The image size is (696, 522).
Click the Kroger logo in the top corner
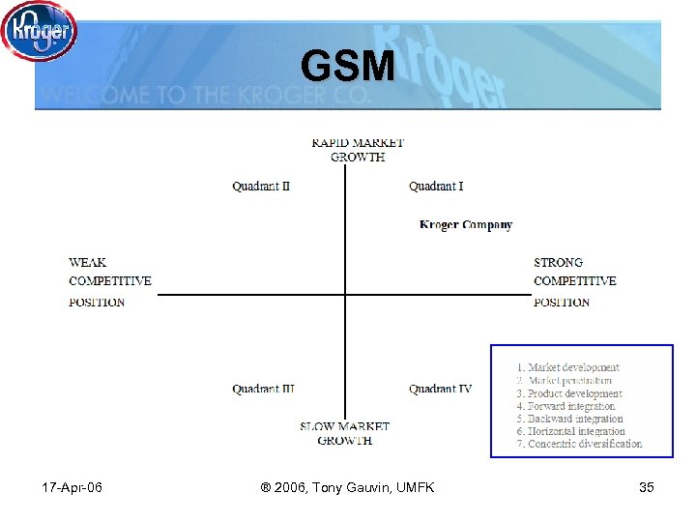(x=39, y=31)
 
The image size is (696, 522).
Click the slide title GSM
(x=347, y=67)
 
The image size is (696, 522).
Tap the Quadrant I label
(x=436, y=186)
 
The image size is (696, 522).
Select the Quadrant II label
(x=261, y=186)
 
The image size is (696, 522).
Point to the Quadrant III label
(x=263, y=389)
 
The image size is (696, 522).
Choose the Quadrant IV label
(x=440, y=389)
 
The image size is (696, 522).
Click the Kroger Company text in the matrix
(x=466, y=224)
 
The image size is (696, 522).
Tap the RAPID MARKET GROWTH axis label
(x=358, y=150)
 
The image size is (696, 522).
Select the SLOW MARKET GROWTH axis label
(x=344, y=433)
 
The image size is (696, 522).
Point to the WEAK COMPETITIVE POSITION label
(x=109, y=281)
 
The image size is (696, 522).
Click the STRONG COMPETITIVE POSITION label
(x=574, y=281)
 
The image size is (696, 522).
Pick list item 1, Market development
(x=568, y=367)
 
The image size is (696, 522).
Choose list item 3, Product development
(x=569, y=393)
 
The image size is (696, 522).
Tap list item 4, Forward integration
(x=565, y=406)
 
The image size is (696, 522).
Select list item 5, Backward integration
(x=569, y=419)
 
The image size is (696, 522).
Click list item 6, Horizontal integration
(x=570, y=431)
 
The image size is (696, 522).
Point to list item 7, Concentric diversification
(x=579, y=444)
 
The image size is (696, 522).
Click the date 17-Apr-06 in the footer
(x=73, y=487)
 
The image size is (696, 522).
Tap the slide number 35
(x=647, y=487)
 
